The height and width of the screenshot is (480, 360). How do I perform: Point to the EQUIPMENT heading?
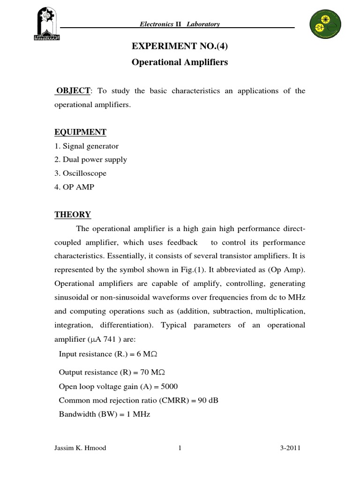click(x=80, y=132)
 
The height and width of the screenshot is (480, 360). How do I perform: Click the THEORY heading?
click(x=73, y=215)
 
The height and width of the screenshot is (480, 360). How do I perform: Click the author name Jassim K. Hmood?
click(x=80, y=448)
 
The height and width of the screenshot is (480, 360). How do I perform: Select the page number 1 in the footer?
click(x=180, y=448)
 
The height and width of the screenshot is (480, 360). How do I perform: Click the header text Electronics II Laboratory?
click(x=180, y=24)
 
